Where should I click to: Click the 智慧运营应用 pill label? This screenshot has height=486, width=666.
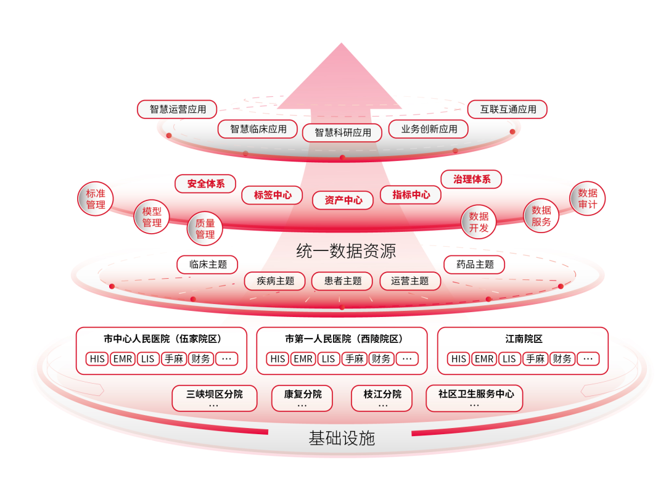tap(177, 109)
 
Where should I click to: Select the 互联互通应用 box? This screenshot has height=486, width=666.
tap(508, 109)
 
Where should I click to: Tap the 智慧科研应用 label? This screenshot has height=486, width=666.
tap(342, 133)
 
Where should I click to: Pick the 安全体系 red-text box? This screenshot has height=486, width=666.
tap(205, 184)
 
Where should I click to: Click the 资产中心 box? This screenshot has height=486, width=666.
tap(343, 200)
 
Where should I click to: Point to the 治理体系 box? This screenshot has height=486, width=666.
tap(472, 179)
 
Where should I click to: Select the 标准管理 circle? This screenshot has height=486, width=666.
tap(96, 199)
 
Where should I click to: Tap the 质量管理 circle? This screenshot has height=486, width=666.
tap(205, 229)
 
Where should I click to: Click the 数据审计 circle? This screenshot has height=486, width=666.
tap(588, 199)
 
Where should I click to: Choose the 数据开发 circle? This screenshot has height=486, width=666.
tap(479, 222)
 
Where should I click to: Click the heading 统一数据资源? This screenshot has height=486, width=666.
tap(346, 251)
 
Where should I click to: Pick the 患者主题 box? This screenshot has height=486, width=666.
tap(342, 281)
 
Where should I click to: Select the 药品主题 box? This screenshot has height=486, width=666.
tap(475, 265)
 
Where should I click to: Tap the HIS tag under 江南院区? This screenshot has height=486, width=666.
tap(459, 359)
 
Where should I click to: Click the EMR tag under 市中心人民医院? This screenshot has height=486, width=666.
tap(123, 359)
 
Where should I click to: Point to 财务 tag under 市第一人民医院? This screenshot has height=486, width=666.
tap(381, 359)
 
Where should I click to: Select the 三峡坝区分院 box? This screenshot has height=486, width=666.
tap(215, 398)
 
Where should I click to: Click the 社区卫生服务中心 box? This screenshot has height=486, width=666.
tap(475, 398)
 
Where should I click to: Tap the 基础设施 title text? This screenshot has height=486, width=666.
tap(342, 438)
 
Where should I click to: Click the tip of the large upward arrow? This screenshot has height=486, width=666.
tap(341, 43)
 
